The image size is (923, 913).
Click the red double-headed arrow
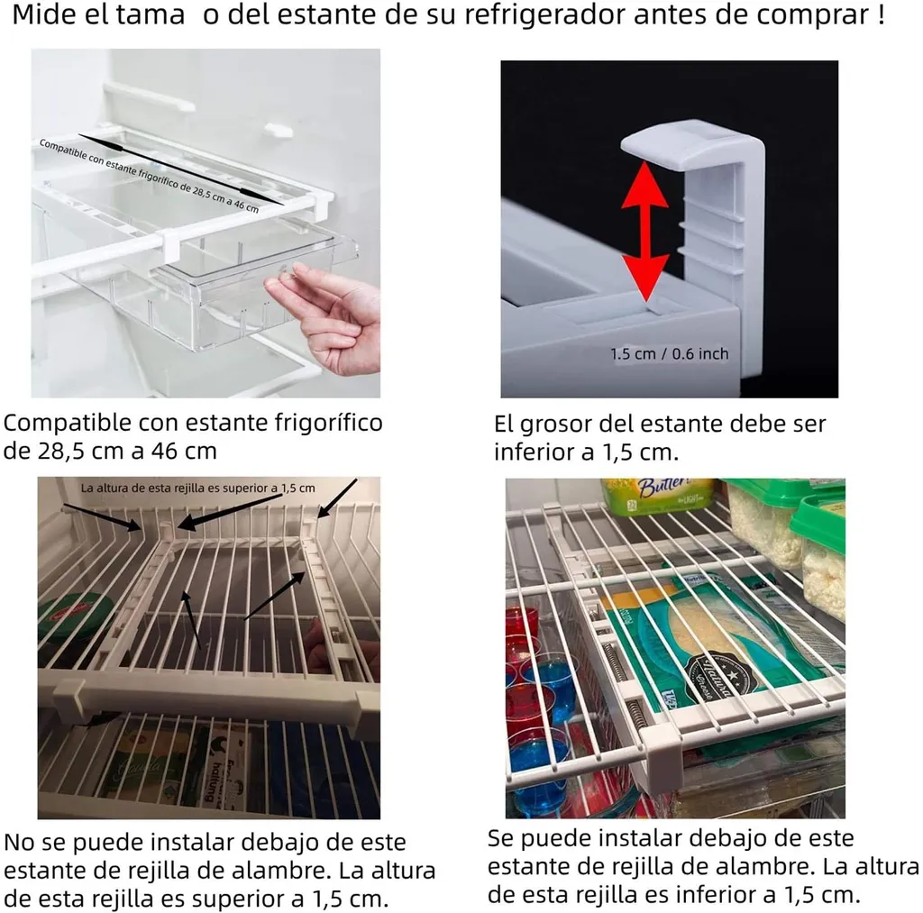tap(645, 232)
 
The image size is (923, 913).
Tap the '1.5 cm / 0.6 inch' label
tap(670, 354)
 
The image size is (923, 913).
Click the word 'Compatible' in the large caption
tap(68, 423)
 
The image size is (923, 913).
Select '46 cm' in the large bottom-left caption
tap(184, 452)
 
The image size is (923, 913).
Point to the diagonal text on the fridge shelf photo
tap(149, 176)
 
